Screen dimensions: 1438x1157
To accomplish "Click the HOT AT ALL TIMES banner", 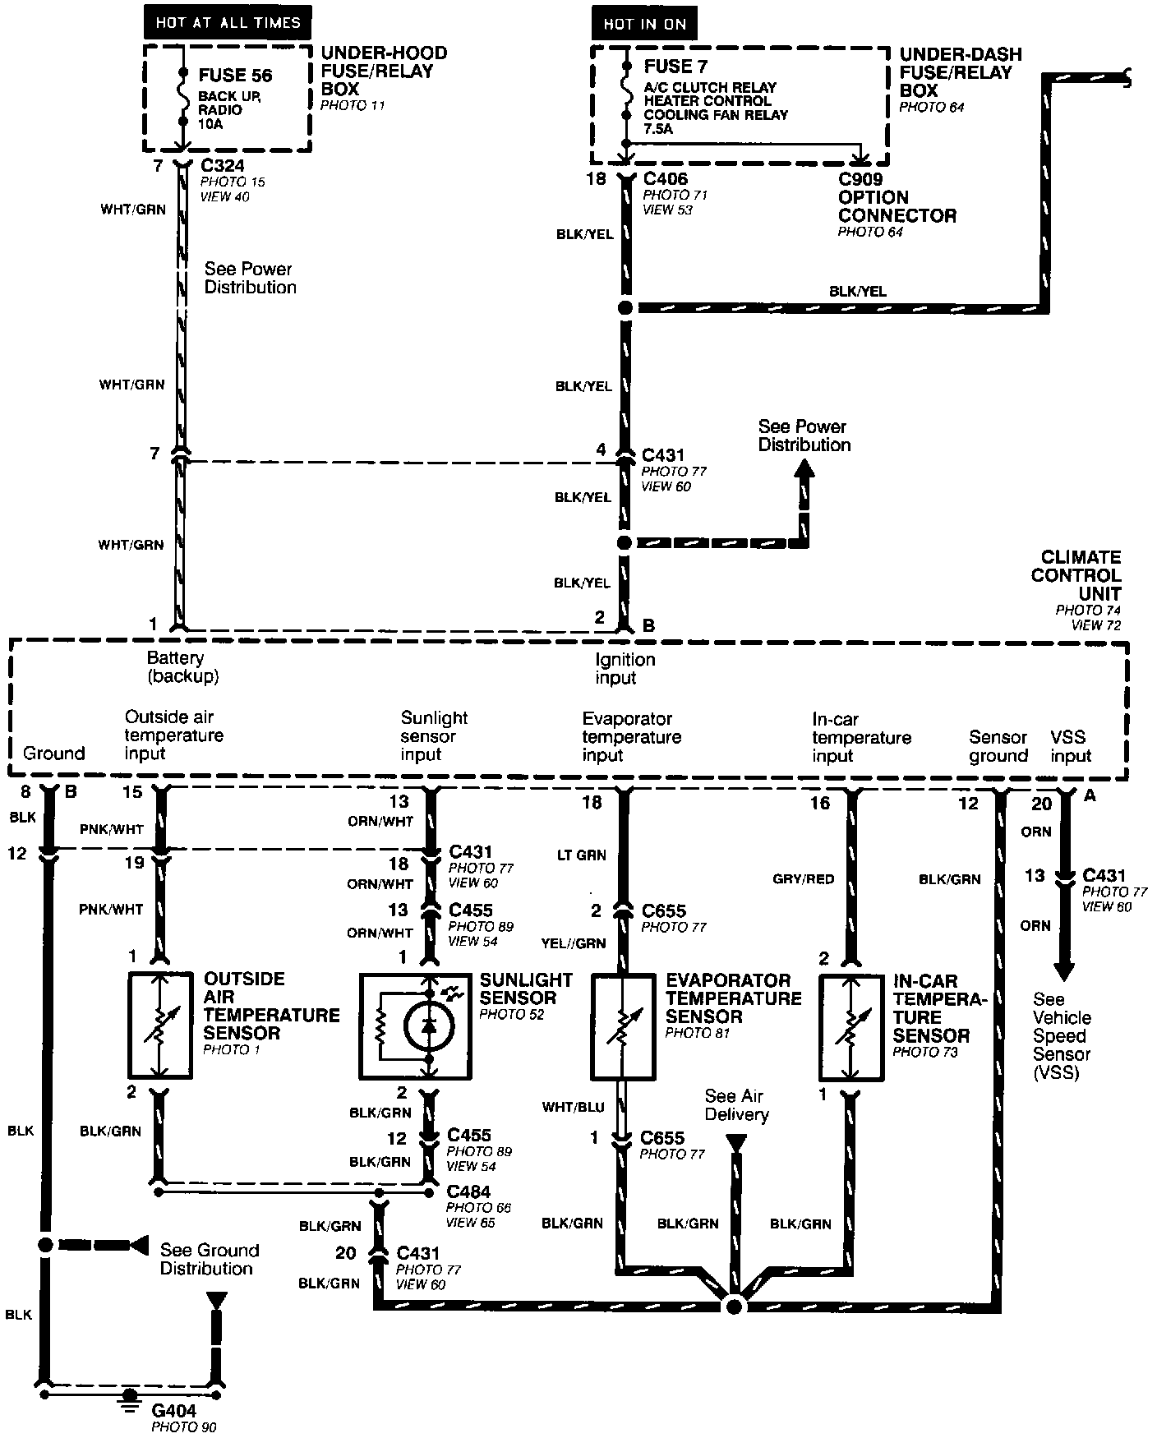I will pos(228,22).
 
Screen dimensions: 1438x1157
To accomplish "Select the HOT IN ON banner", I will pos(644,24).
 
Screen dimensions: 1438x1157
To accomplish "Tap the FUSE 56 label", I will pos(235,76).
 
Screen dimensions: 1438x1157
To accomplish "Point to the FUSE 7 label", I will pos(675,67).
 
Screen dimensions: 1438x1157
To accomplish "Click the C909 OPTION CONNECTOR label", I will pos(897,197).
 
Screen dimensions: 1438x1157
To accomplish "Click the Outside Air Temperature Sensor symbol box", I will pos(161,1025).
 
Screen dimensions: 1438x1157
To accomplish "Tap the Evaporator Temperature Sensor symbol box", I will pos(624,1025).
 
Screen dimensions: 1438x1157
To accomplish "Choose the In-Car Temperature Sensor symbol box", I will pos(850,1026).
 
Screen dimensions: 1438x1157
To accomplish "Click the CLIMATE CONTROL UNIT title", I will pos(1075,575).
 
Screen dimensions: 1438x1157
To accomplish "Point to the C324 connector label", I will pos(222,166).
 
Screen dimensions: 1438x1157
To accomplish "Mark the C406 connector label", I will pos(665,179).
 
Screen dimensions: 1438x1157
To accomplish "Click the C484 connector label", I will pos(468,1191).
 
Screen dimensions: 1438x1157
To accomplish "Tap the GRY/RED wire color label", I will pos(803,879).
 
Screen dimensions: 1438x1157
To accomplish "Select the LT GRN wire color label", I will pos(580,855).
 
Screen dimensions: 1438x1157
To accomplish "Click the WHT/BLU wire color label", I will pos(573,1107).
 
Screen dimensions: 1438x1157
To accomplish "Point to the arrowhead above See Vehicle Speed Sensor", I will pos(1064,972).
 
